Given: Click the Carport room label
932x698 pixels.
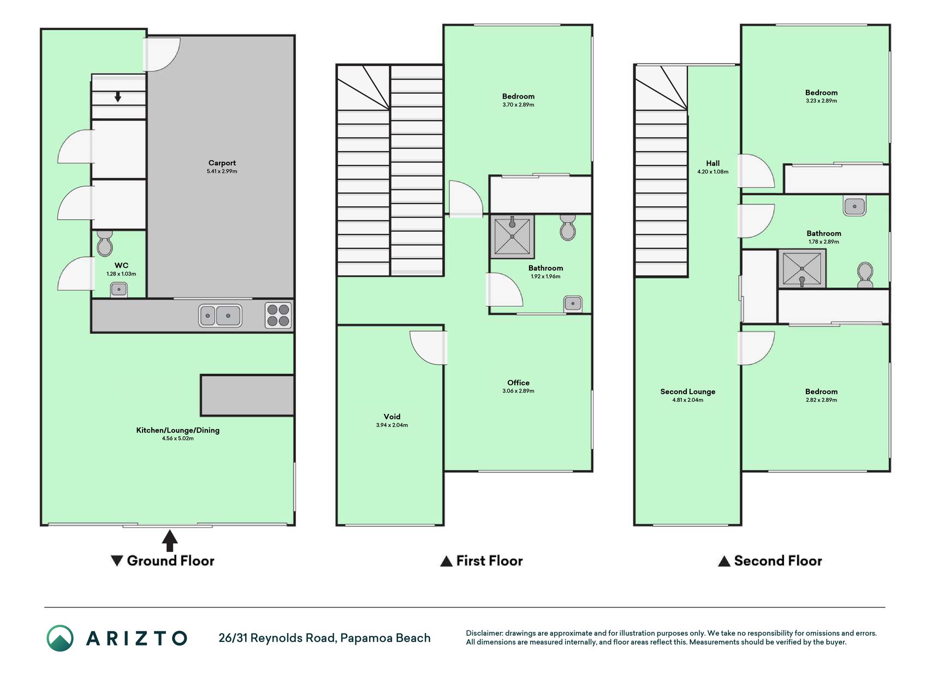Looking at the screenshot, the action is click(222, 163).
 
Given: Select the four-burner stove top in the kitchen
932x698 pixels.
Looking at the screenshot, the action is click(278, 316).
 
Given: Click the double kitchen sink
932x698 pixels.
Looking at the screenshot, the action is click(220, 316).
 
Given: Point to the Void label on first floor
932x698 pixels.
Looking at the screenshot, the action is click(392, 417).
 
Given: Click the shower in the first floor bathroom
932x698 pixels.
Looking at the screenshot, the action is click(512, 236).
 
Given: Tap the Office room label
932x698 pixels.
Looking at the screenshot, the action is click(518, 383).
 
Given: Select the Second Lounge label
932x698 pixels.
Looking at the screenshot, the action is click(687, 392).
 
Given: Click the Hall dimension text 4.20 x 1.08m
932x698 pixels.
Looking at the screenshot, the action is click(713, 172).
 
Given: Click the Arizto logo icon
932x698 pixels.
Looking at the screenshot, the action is click(60, 638).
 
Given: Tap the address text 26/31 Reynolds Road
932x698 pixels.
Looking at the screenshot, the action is click(277, 638).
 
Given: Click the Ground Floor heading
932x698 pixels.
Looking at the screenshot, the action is click(170, 561).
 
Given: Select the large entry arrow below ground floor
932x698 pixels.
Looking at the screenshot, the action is click(170, 540).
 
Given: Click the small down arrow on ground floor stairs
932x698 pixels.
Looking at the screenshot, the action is click(117, 97).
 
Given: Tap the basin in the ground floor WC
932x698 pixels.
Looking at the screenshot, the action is click(119, 290).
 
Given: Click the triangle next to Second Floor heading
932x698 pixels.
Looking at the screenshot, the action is click(724, 561).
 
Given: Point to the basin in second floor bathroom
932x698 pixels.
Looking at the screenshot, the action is click(854, 206).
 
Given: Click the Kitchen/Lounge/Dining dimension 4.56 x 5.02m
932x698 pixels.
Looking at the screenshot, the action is click(177, 438).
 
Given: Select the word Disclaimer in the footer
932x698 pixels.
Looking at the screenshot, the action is click(484, 633).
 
